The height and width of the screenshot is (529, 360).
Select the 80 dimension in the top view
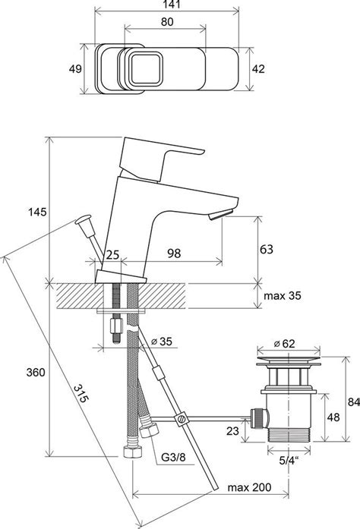[167, 21]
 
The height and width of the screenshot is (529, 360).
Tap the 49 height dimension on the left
[75, 69]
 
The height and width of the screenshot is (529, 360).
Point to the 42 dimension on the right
[258, 69]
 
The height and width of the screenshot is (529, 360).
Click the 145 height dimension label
[37, 213]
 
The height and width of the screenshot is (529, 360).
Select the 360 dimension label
[36, 373]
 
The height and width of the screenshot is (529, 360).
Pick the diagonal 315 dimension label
[81, 393]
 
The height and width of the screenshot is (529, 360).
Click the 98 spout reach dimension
[174, 253]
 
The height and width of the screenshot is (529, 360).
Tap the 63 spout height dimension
[266, 249]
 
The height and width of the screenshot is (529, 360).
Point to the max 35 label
[282, 296]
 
